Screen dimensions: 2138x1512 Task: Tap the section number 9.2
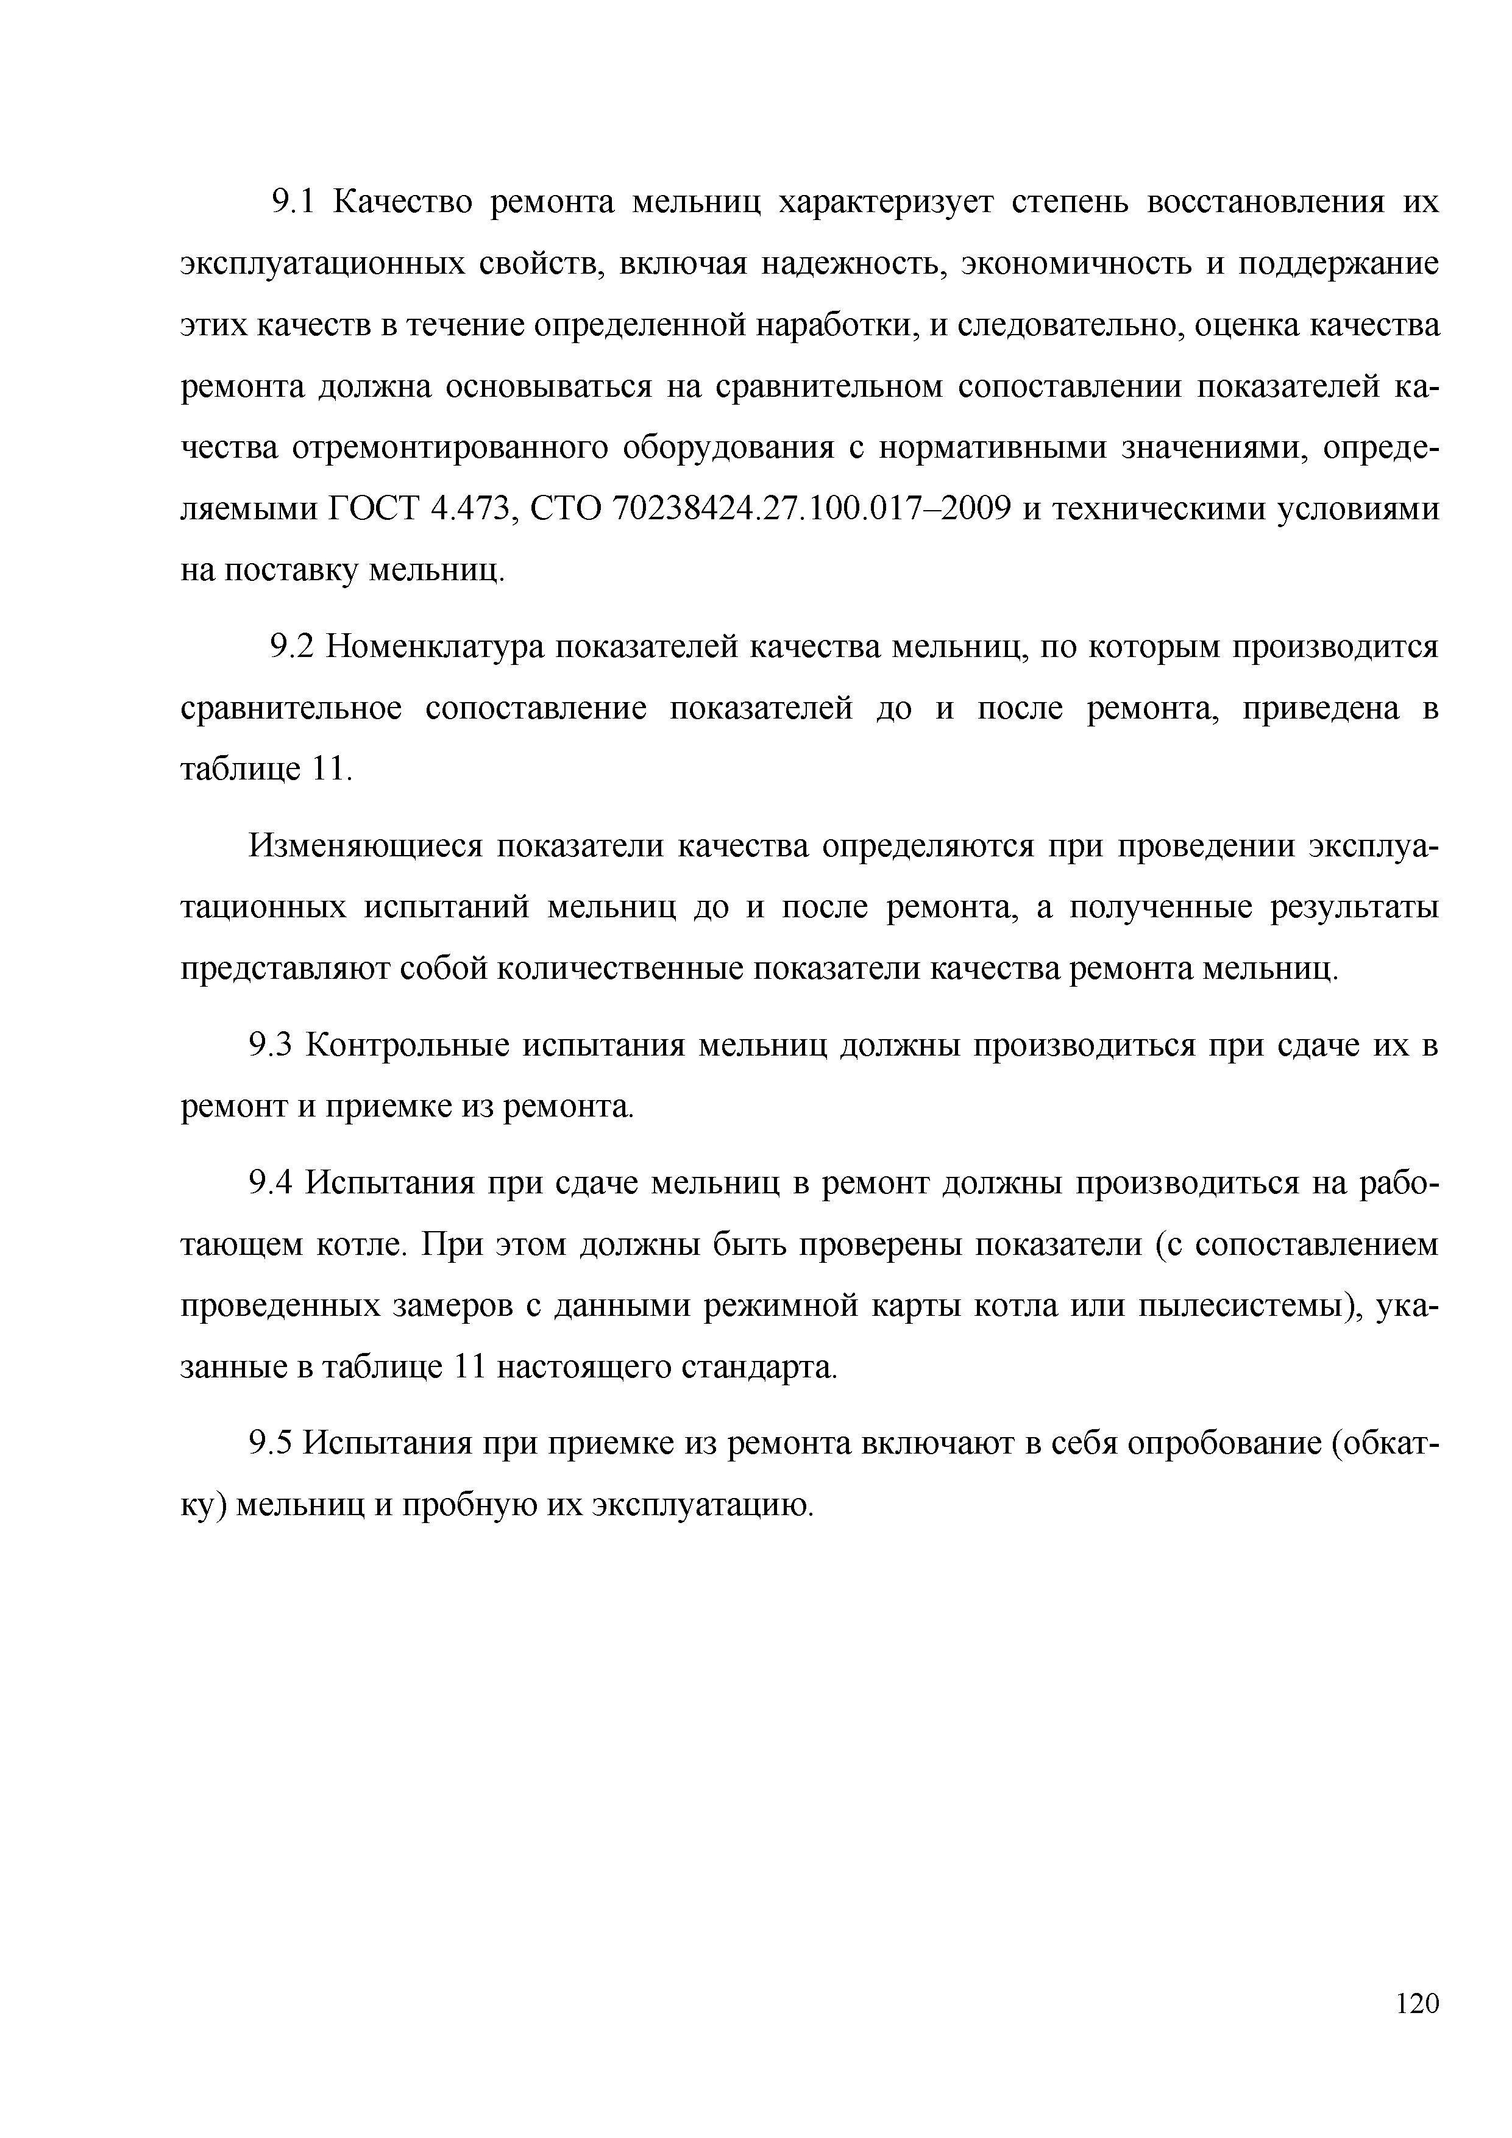(295, 646)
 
